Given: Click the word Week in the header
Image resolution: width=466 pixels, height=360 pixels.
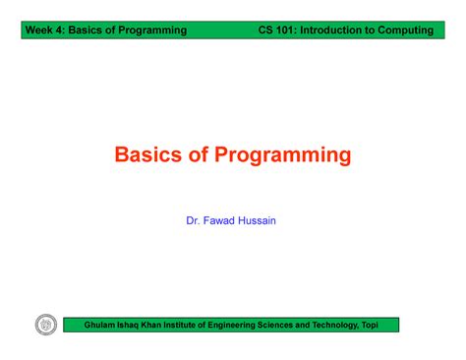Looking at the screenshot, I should tap(42, 30).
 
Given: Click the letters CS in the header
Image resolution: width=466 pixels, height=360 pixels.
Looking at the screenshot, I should tap(265, 30).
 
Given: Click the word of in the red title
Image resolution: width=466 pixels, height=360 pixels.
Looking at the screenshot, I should tap(201, 154).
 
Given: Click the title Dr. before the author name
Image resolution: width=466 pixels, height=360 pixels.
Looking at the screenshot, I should tap(194, 221).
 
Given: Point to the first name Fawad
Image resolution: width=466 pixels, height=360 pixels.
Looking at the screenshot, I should tap(219, 221).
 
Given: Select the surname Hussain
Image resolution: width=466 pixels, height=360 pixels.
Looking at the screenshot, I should tap(258, 221).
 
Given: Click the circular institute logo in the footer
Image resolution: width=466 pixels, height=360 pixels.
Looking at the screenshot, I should tap(45, 324).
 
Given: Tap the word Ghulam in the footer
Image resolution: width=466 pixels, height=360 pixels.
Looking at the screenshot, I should tap(103, 324).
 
